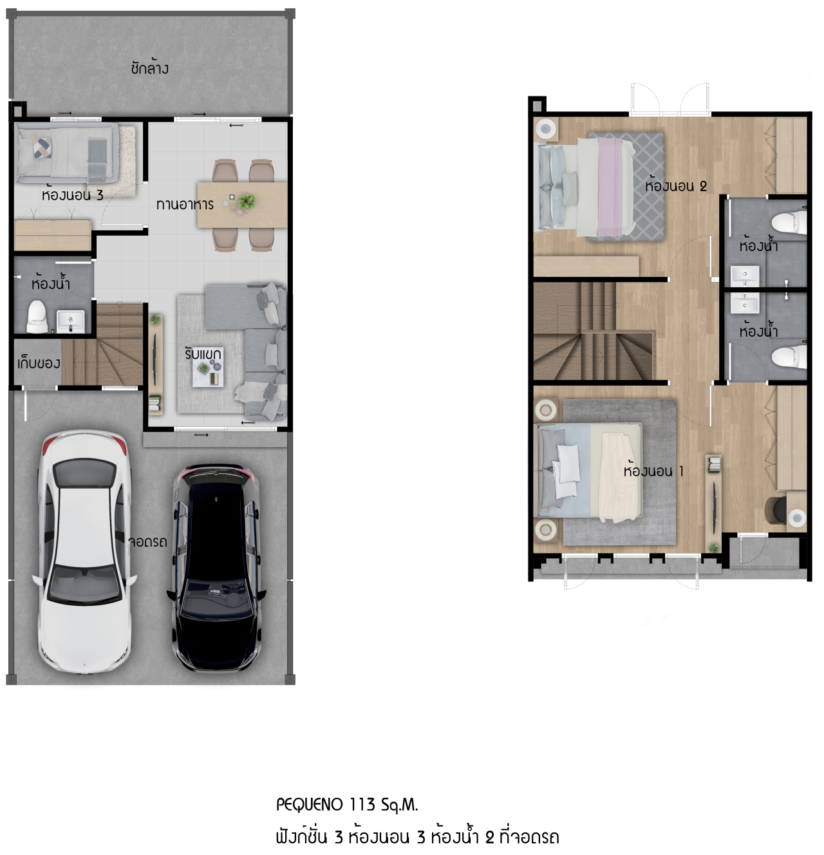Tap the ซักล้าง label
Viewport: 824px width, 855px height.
point(149,68)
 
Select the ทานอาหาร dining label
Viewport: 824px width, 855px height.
point(185,205)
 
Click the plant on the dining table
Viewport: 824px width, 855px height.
point(246,202)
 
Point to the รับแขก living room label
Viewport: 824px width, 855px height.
point(203,354)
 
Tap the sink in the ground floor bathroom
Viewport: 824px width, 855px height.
point(70,320)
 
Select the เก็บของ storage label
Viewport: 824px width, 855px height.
point(39,363)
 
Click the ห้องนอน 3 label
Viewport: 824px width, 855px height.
point(72,195)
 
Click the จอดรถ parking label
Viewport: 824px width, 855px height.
point(147,542)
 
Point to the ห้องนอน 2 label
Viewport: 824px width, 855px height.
point(675,186)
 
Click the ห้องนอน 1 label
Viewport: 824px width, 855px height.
point(653,471)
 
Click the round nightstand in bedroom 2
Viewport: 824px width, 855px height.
point(545,129)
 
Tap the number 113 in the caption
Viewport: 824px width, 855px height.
point(362,805)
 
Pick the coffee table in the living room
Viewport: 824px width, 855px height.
point(208,374)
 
